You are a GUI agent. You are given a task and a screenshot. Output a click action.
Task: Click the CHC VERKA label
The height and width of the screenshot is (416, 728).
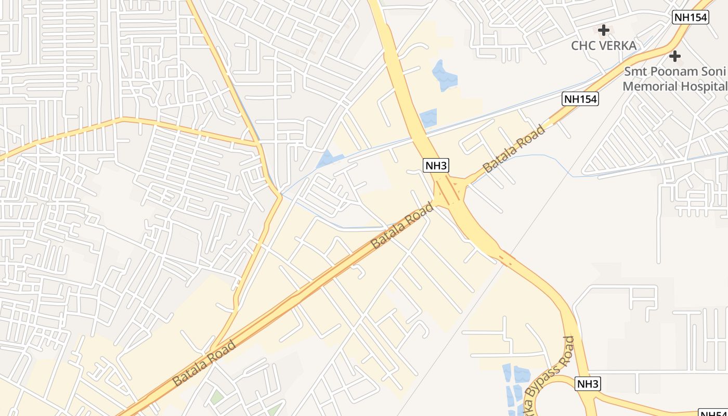(x=603, y=46)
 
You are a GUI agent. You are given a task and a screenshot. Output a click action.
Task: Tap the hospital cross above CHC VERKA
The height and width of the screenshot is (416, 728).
(x=603, y=30)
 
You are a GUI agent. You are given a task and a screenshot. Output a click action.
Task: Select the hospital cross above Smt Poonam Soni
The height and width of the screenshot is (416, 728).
(x=675, y=56)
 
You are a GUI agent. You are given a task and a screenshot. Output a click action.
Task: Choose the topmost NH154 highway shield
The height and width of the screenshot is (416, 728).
(x=691, y=17)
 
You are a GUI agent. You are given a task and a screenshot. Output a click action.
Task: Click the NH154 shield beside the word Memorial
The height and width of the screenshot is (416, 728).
(x=580, y=99)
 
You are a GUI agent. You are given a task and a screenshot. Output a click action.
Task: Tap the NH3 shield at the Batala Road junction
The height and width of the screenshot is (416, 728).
(x=436, y=166)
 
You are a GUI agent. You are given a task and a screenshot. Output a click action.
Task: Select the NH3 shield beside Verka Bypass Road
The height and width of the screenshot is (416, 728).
(x=588, y=384)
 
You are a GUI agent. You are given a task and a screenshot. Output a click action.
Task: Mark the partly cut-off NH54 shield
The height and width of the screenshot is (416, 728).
(x=713, y=413)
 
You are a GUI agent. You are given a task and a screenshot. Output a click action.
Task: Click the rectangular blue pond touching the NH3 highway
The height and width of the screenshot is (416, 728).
(x=429, y=118)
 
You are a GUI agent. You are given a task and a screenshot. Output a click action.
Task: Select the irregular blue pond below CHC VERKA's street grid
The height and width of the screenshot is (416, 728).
(x=444, y=75)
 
